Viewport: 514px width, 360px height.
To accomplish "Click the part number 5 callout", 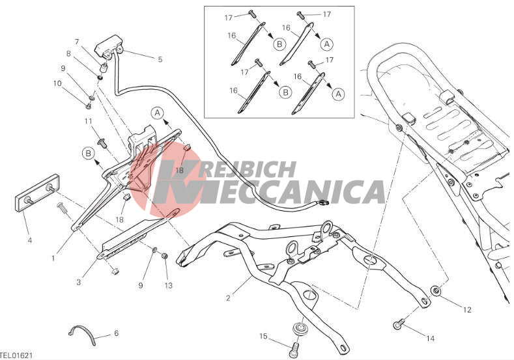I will tap(160, 59).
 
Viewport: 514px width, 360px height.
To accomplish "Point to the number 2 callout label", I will tap(227, 299).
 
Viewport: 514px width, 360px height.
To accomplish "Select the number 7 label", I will tap(77, 42).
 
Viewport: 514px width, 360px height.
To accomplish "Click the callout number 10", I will tap(57, 83).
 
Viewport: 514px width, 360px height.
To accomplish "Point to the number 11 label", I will tap(88, 121).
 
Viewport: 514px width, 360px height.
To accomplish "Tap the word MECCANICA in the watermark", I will tap(293, 193).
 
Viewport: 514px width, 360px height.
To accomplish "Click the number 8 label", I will tap(68, 53).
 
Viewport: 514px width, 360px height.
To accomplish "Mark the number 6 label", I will tap(116, 333).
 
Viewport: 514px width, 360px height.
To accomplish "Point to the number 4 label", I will tap(29, 241).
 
